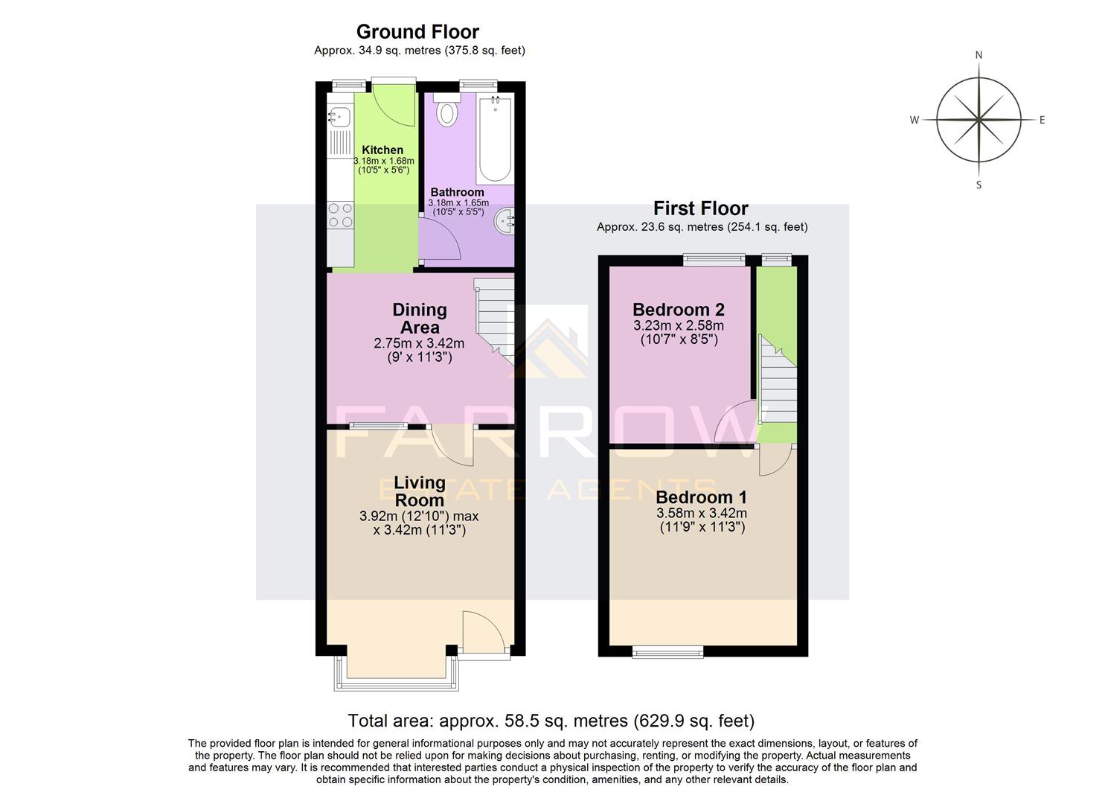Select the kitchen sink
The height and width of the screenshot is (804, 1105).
click(x=339, y=117)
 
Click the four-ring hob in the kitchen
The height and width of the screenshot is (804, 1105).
click(x=340, y=216)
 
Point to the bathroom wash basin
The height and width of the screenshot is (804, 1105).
click(x=505, y=221)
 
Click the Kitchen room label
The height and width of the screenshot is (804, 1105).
click(x=382, y=150)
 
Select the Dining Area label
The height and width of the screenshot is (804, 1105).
click(x=420, y=319)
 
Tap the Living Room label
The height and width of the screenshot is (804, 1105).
click(x=420, y=491)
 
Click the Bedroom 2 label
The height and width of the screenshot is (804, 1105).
click(x=678, y=310)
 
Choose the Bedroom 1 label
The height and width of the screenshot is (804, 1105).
click(x=701, y=497)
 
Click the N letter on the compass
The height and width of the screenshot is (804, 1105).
click(x=979, y=55)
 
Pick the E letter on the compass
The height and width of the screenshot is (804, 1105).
click(x=1042, y=120)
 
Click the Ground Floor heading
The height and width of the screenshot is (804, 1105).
click(x=417, y=32)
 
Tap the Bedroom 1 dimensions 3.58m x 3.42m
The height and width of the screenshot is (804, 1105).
click(x=701, y=514)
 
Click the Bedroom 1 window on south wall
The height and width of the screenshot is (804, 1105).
click(x=667, y=653)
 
